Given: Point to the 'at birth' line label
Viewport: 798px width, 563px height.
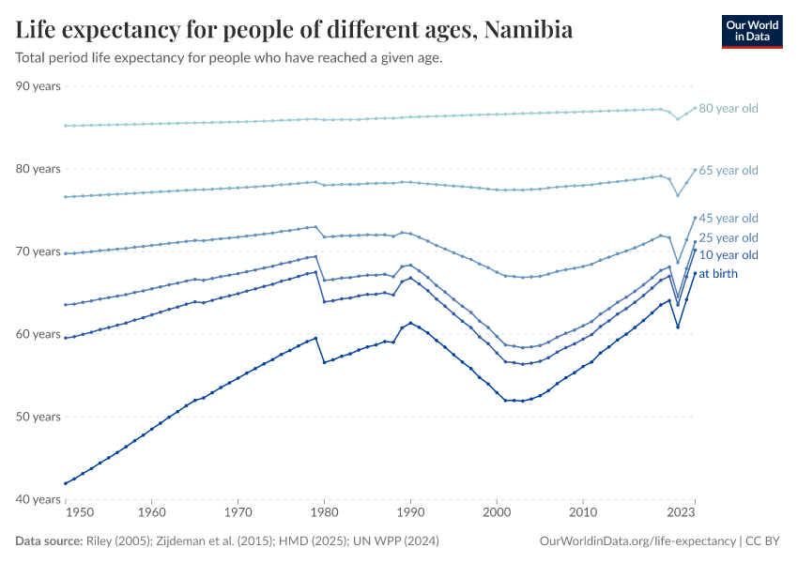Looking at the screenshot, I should tap(718, 274).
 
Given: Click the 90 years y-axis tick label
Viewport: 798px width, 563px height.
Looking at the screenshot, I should tap(38, 86).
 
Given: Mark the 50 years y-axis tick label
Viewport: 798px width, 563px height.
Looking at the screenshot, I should tap(38, 417).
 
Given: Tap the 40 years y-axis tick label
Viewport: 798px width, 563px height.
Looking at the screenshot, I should tap(38, 499).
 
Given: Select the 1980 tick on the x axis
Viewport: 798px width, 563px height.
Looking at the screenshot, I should tap(324, 513).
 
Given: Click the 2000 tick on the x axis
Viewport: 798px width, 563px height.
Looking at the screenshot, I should tap(497, 513).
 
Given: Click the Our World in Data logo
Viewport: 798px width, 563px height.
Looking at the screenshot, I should tap(751, 31).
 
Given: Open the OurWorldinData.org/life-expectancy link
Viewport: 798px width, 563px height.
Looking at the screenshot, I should tap(638, 541).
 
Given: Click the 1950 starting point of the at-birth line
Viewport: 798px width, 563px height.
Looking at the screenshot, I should tap(65, 483).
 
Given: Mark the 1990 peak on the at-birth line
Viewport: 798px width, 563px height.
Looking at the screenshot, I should tap(410, 323).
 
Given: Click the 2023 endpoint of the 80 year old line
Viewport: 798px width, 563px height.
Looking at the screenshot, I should tap(695, 108).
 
